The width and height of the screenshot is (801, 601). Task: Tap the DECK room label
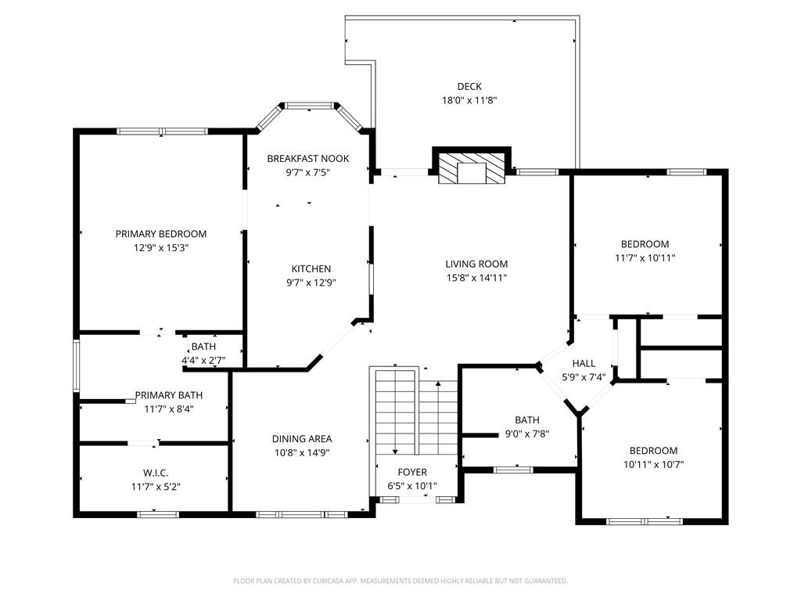click(x=469, y=87)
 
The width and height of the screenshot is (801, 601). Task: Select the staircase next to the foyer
click(x=415, y=412)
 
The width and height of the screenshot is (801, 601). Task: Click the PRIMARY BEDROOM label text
click(x=161, y=234)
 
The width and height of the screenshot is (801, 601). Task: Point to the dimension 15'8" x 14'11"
click(x=476, y=277)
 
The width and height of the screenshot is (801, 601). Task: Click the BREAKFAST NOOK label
click(x=307, y=159)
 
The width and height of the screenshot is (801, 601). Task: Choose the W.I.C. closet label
click(x=156, y=473)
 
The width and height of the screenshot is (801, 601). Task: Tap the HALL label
click(x=584, y=364)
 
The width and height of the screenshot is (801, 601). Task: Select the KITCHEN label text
click(x=311, y=269)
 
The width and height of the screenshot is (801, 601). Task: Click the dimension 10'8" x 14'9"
click(x=302, y=452)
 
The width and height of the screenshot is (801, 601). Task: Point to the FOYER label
click(x=412, y=473)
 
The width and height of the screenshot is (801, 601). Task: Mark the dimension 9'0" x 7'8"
click(x=526, y=434)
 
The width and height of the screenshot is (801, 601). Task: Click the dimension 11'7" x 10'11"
click(x=645, y=257)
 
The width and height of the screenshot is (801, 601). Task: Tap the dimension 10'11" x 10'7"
click(x=653, y=464)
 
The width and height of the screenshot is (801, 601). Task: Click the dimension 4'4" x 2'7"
click(x=203, y=360)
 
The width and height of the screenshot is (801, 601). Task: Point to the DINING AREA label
click(x=302, y=439)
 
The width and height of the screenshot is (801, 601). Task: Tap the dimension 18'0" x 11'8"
click(x=469, y=100)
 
